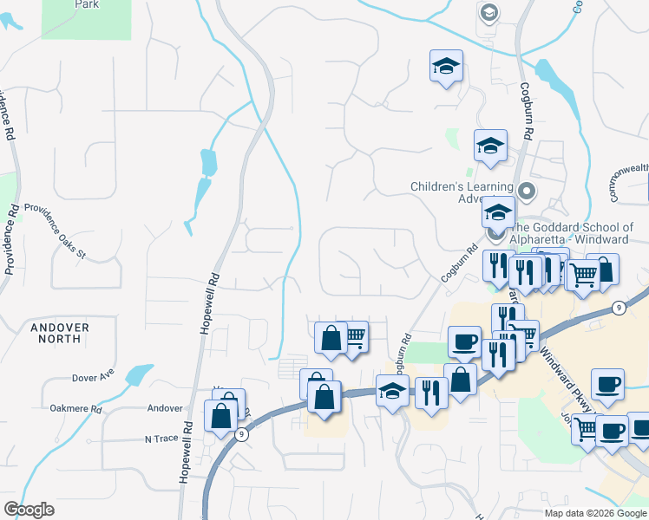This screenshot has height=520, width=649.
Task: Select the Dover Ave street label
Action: (95, 379)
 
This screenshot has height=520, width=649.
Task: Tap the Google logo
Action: (29, 510)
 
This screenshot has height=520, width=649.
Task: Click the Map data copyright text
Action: (595, 513)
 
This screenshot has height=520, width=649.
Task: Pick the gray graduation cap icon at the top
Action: (488, 13)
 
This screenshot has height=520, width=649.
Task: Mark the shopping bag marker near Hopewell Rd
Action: (220, 414)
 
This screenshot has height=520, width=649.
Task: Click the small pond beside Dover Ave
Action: (138, 374)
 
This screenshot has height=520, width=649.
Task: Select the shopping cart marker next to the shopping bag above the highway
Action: (353, 336)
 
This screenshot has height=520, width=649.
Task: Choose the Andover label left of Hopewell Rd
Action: (165, 408)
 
